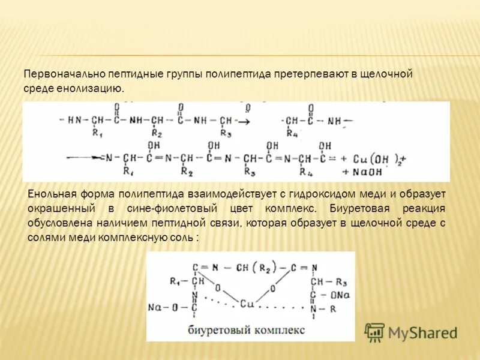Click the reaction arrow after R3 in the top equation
[x=243, y=121]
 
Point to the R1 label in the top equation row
[x=97, y=133]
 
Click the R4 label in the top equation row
[x=292, y=133]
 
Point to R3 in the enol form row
[x=249, y=173]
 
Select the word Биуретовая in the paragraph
[x=358, y=208]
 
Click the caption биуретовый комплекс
[x=246, y=331]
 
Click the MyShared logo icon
[x=375, y=332]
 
